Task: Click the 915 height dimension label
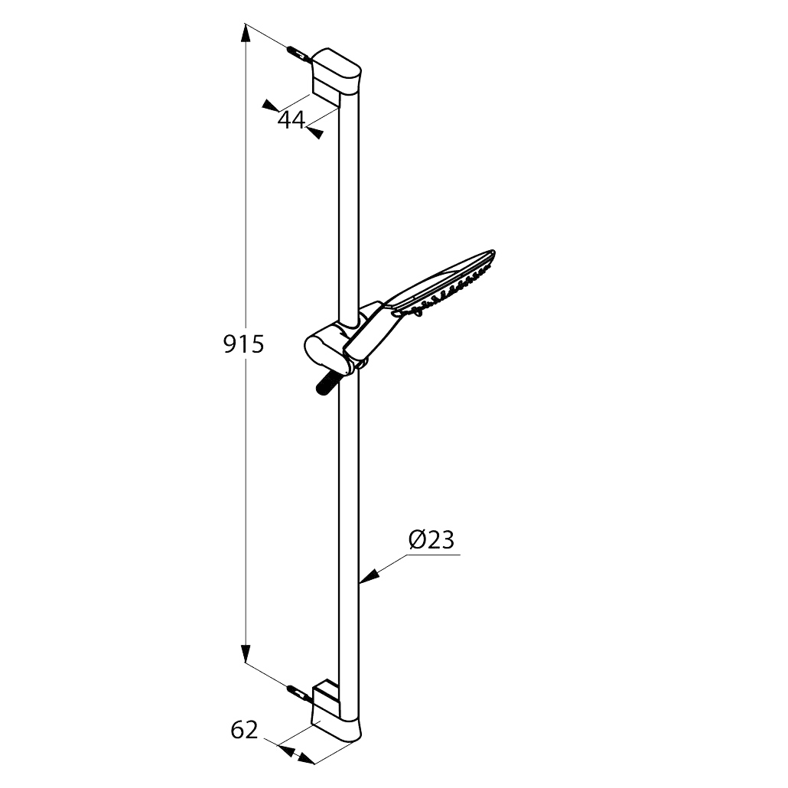pyautogui.click(x=244, y=345)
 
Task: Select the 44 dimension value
pyautogui.click(x=291, y=120)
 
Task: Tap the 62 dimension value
pyautogui.click(x=244, y=730)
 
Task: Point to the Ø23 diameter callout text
pyautogui.click(x=431, y=540)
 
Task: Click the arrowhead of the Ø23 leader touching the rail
pyautogui.click(x=368, y=576)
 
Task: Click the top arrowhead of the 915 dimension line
pyautogui.click(x=246, y=33)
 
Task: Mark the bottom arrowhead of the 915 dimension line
pyautogui.click(x=246, y=653)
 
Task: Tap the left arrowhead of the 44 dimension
pyautogui.click(x=271, y=105)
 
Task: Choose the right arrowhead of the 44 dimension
pyautogui.click(x=315, y=132)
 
